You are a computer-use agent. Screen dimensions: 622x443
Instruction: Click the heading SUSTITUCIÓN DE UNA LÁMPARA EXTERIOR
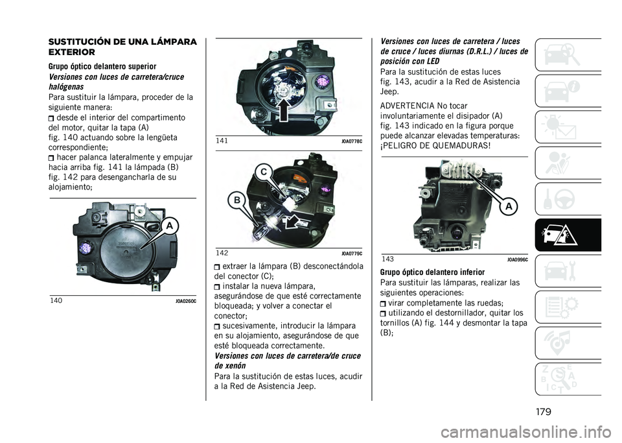point(122,47)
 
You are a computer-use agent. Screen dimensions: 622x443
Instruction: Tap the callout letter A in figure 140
point(170,226)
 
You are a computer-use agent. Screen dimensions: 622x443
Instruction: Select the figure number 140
point(56,300)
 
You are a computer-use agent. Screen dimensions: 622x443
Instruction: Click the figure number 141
point(222,141)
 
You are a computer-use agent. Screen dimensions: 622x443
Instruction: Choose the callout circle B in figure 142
point(237,200)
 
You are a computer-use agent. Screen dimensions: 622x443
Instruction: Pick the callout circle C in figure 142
point(264,172)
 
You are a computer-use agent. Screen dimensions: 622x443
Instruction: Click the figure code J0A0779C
point(352,254)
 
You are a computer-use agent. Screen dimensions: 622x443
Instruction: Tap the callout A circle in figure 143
point(508,206)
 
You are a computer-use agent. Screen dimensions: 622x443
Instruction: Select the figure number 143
point(388,259)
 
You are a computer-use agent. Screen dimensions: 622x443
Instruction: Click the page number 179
point(543,411)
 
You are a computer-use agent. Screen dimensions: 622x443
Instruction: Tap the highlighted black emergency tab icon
point(568,235)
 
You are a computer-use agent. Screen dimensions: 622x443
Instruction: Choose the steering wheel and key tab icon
point(568,199)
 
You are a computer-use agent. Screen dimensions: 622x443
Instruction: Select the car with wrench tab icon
point(568,271)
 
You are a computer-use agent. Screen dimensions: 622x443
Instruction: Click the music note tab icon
point(568,343)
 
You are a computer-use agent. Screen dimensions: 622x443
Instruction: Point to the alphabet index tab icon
point(568,379)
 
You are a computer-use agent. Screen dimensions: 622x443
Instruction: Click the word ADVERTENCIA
point(407,106)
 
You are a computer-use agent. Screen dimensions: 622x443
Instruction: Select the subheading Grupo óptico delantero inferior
point(432,272)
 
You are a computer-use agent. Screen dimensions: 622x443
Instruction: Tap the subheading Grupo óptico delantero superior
point(102,66)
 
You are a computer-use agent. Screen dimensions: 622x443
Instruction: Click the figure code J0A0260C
point(186,302)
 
